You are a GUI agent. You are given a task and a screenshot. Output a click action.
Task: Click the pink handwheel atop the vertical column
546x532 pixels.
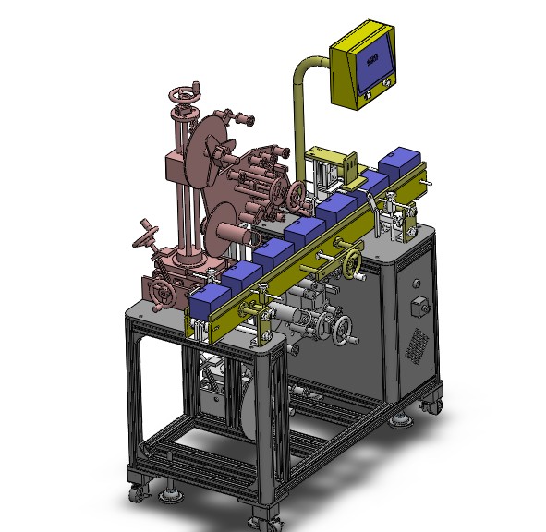click(185, 96)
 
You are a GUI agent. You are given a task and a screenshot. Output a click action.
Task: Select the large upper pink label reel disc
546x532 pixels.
click(205, 152)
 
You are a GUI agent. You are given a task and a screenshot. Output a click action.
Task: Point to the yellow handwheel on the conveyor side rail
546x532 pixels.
click(351, 264)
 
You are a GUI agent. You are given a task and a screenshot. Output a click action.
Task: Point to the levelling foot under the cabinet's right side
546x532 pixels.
click(401, 421)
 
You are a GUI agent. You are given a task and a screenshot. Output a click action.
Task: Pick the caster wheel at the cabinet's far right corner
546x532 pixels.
click(431, 403)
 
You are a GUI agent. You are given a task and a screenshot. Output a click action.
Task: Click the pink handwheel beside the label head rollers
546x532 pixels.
click(296, 196)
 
